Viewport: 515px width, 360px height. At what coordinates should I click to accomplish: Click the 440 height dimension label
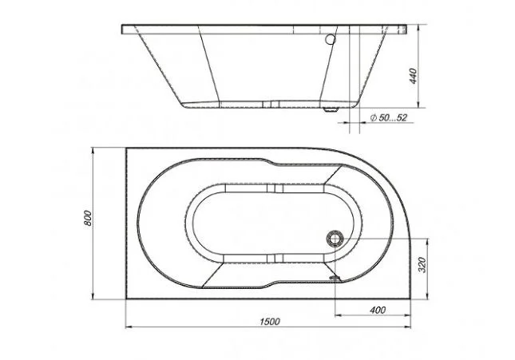(413, 77)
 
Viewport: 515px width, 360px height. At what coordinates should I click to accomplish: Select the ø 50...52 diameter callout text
(389, 118)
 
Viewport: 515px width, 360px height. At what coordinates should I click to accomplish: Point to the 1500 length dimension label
(269, 321)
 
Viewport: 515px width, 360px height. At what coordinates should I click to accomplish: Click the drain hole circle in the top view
(335, 236)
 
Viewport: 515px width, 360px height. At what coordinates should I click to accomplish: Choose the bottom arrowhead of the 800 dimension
(94, 294)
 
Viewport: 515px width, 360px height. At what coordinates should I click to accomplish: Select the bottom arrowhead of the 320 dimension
(430, 294)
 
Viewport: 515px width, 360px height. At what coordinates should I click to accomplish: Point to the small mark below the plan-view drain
(335, 279)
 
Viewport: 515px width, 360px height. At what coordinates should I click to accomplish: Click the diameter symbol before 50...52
(373, 118)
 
